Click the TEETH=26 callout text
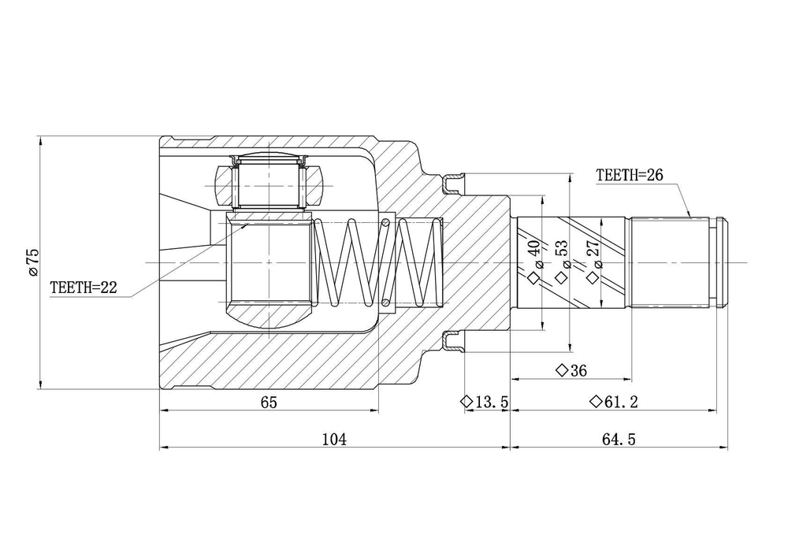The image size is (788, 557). (629, 175)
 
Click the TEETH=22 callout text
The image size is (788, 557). (84, 288)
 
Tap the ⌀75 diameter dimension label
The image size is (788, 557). (33, 262)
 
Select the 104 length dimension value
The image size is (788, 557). (334, 440)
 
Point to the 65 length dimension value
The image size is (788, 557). (269, 403)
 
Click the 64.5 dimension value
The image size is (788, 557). (619, 440)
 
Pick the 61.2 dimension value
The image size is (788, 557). (621, 402)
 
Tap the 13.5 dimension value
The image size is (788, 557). (492, 402)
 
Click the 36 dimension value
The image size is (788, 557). (578, 370)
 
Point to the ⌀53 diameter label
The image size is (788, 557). (562, 254)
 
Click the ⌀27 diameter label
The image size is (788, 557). (594, 254)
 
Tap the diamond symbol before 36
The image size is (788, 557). (562, 370)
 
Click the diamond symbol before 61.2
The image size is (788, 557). (596, 401)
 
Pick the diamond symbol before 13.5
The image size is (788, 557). (466, 401)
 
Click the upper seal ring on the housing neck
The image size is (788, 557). (453, 184)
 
